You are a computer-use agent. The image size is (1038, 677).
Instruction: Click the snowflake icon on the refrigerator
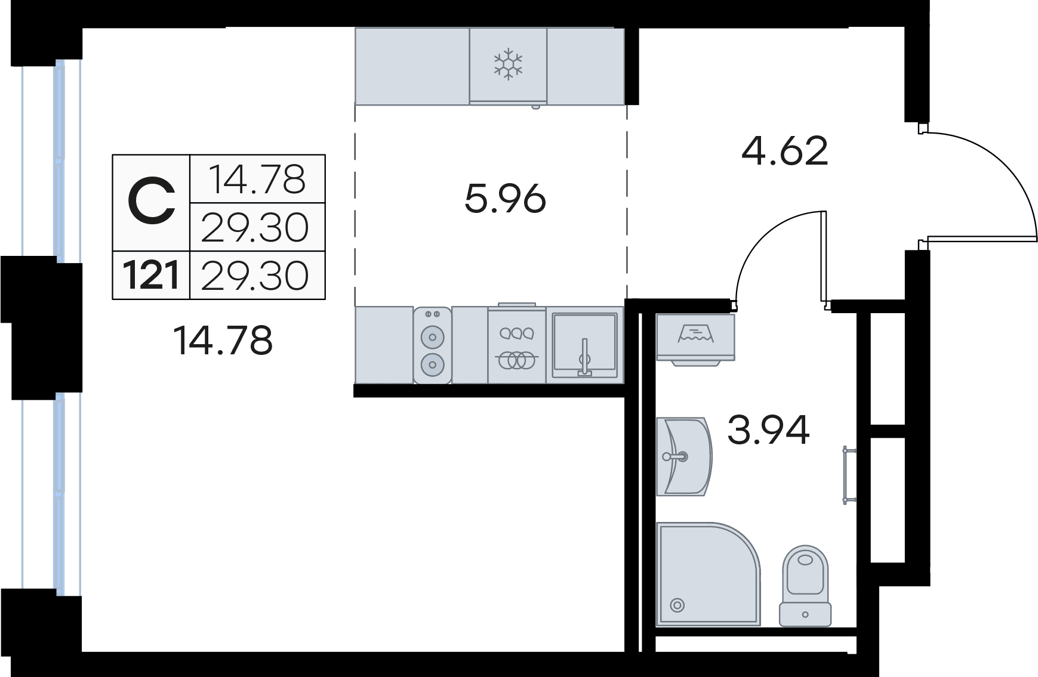(508, 64)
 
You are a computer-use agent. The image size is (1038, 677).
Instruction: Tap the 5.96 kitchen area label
(505, 199)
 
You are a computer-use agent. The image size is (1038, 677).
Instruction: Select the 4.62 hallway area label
(785, 150)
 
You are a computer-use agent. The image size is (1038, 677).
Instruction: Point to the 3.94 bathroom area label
(768, 429)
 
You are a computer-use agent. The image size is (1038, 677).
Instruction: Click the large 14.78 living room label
(223, 341)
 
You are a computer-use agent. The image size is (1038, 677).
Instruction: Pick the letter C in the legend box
(152, 203)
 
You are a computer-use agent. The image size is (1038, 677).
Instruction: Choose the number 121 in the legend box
(152, 276)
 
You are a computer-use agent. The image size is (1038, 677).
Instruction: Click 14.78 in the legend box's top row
(257, 179)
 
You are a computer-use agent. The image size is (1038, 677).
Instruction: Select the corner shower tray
(704, 573)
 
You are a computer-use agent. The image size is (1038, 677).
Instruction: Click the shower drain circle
(677, 605)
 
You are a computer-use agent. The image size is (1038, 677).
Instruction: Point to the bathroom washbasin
(683, 457)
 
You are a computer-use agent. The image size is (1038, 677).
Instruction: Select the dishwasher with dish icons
(517, 345)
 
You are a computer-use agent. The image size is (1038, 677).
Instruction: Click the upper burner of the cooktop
(433, 338)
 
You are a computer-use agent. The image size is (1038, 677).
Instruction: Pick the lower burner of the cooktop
(433, 363)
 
